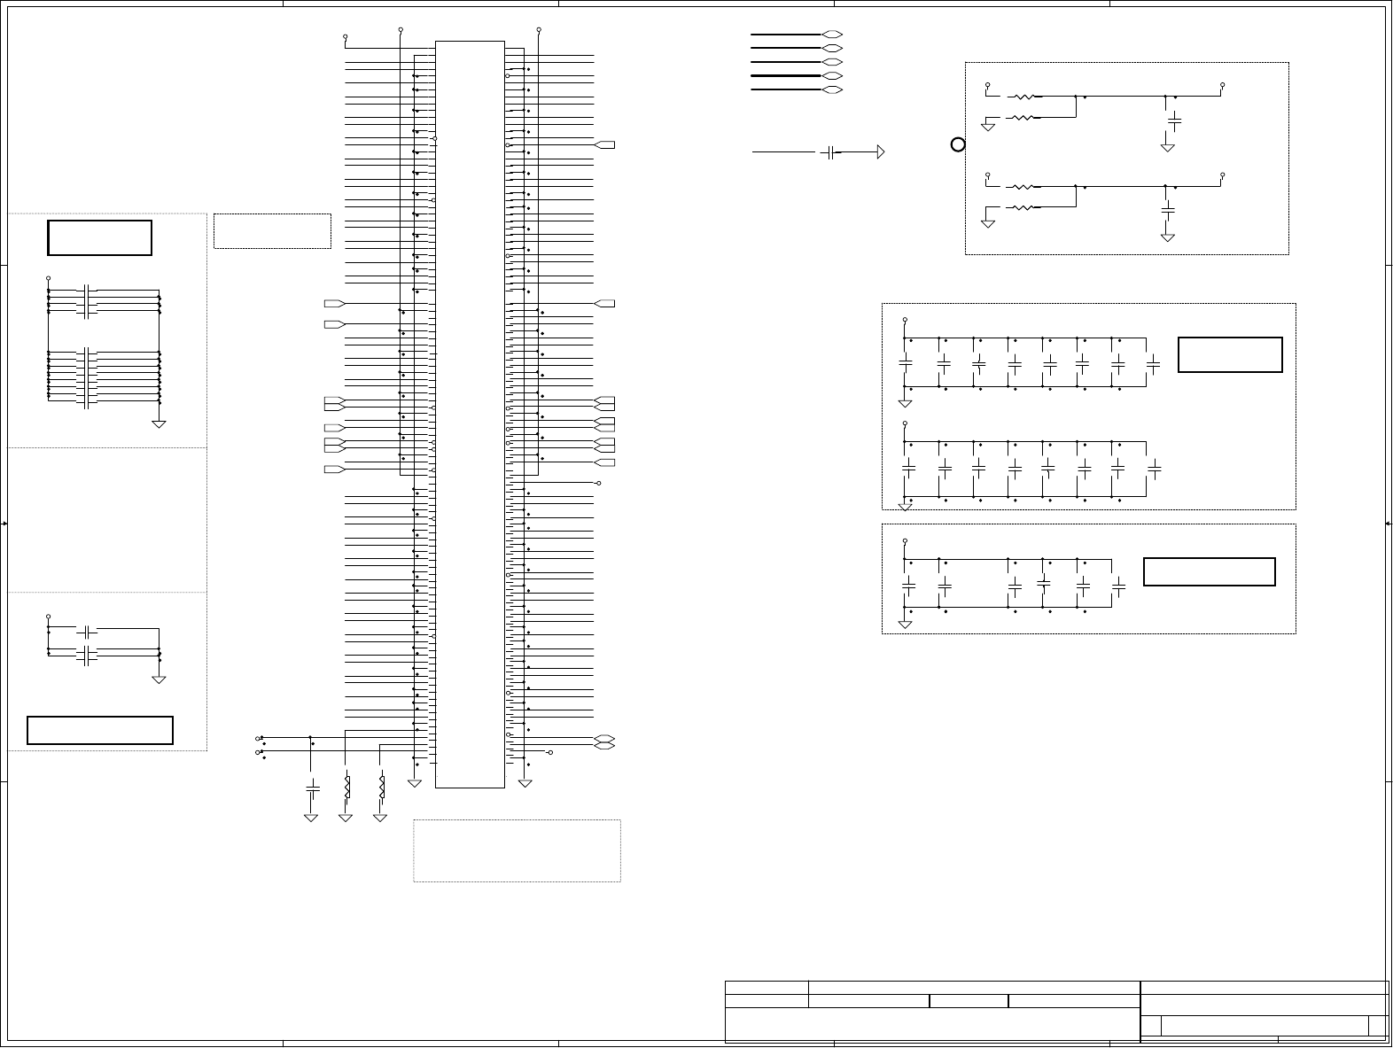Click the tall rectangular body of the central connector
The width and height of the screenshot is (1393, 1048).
(470, 414)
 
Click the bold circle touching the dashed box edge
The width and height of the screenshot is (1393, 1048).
(957, 144)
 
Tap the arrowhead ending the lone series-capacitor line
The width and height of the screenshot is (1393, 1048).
(880, 152)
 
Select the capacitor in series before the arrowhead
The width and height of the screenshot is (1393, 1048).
(829, 152)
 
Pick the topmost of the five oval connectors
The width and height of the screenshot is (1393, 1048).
(831, 35)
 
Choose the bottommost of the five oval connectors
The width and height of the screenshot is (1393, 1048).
(831, 90)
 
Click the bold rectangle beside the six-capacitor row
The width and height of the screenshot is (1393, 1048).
(1209, 571)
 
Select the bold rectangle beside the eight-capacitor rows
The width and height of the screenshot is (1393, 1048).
(1230, 354)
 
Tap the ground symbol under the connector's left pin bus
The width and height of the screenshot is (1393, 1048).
(415, 782)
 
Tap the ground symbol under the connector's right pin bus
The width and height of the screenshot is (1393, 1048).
(525, 782)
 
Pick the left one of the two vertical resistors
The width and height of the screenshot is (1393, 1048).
(346, 786)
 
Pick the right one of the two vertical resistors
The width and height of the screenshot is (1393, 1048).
(381, 786)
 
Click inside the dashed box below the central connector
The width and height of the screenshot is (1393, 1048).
(517, 850)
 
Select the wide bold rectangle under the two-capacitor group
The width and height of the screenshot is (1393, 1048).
(100, 730)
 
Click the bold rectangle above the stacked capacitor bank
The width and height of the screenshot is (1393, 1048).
(99, 237)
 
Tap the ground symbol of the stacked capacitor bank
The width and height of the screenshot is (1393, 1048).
(160, 424)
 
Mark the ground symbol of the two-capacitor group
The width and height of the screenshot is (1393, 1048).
(160, 679)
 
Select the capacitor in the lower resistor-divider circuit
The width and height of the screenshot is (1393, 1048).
(1168, 210)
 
